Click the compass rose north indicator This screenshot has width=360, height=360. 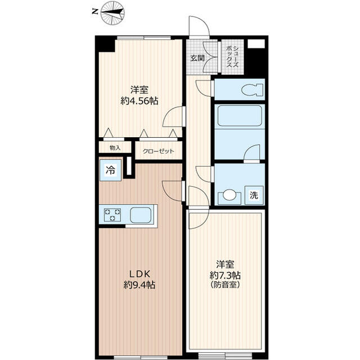[x=112, y=13]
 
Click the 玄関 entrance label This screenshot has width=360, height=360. [x=197, y=58]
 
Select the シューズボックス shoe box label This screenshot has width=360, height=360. [x=232, y=56]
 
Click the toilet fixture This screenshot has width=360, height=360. [x=252, y=89]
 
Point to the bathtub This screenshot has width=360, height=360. [x=240, y=115]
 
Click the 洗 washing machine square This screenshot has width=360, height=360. [x=254, y=195]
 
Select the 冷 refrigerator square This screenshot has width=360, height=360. [x=111, y=170]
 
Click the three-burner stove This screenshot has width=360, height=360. [x=112, y=214]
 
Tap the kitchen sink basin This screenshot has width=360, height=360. [x=141, y=215]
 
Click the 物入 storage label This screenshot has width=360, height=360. [x=115, y=148]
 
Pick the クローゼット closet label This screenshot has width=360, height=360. [x=159, y=151]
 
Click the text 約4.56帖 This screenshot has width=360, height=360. [x=139, y=101]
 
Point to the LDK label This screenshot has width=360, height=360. [x=139, y=274]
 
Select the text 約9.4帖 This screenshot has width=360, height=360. [x=139, y=285]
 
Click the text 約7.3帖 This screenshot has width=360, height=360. [x=225, y=274]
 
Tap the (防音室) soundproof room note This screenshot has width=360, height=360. [x=225, y=285]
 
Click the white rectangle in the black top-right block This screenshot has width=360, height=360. [x=256, y=44]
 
